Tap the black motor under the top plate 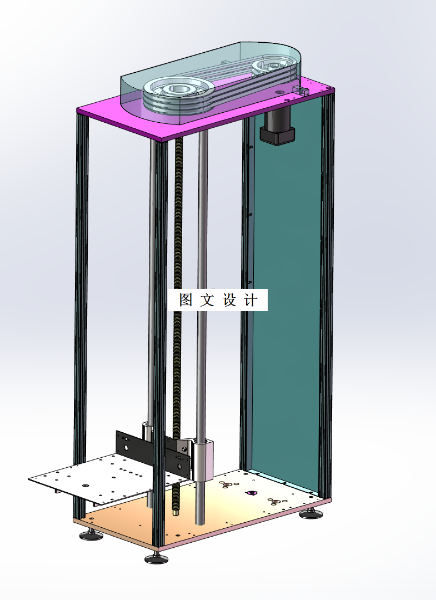[278, 128]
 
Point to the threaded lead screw [179, 278]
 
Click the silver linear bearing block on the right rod [204, 460]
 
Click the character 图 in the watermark [186, 301]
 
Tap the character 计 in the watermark [251, 301]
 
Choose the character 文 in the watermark [207, 301]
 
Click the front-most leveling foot [156, 558]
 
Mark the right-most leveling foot [313, 514]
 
